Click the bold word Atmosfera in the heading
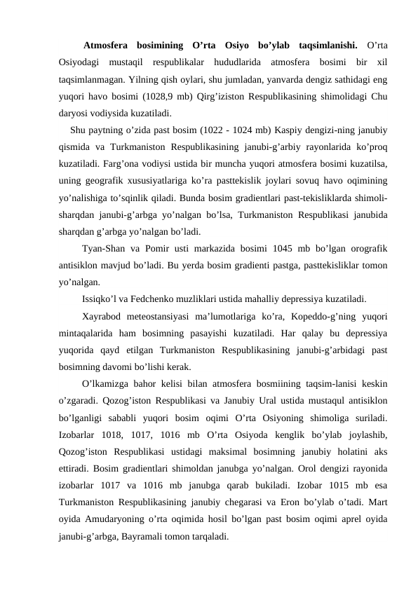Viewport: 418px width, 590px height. (107, 47)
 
